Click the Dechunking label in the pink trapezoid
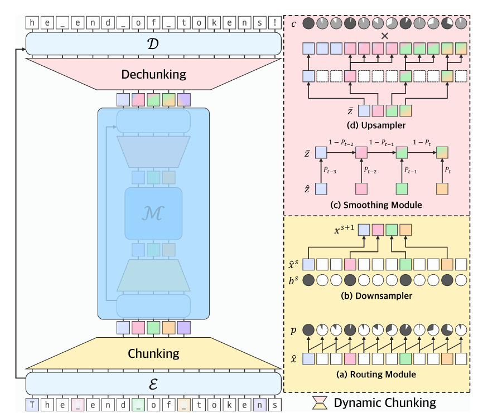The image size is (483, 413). pos(153,74)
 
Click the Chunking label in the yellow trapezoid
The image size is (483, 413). pos(153,353)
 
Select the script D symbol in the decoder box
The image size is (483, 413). pos(153,43)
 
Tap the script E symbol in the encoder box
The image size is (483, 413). pos(153,384)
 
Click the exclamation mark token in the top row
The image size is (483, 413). pos(274,23)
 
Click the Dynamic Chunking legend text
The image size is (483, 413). pos(385,401)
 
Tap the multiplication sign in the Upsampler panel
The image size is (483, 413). pos(384,36)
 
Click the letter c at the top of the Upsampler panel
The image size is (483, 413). pos(293,24)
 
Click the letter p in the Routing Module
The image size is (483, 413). pos(293,331)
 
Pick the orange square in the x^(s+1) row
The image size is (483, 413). pos(405,229)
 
